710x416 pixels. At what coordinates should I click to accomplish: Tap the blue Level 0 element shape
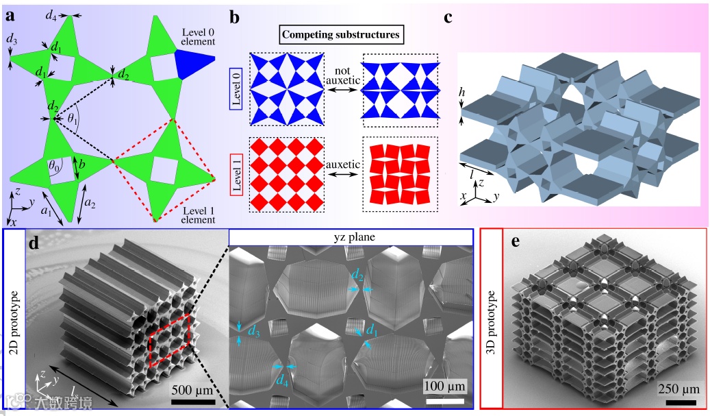click(193, 64)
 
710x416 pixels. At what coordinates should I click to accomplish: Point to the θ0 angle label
click(54, 164)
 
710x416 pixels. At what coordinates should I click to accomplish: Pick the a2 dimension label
click(89, 201)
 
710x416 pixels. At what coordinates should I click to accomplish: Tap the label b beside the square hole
click(81, 166)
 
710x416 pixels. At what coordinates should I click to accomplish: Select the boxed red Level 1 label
click(235, 175)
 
